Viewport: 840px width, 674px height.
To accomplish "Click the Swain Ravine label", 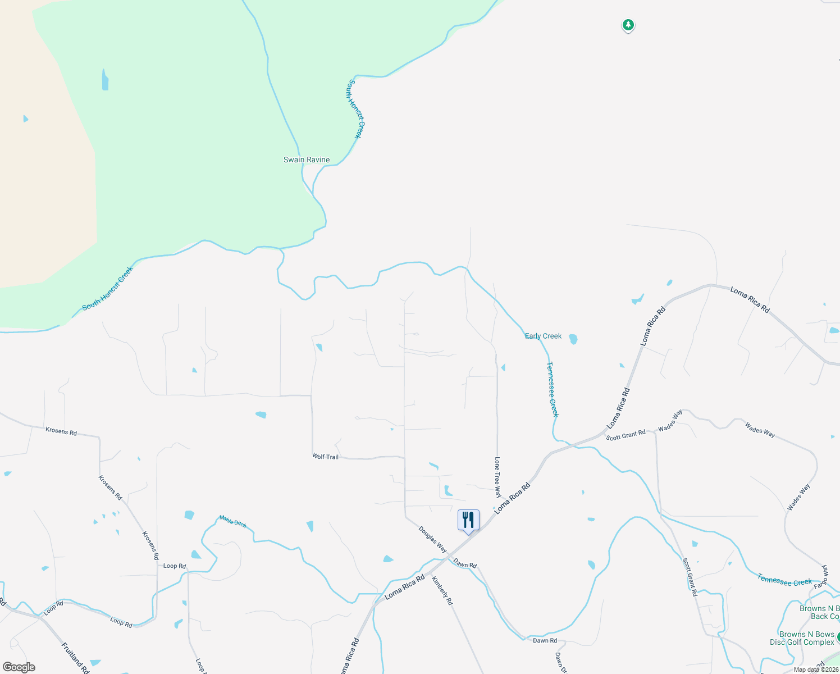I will coord(307,160).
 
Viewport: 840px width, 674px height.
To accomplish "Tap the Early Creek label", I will coord(543,336).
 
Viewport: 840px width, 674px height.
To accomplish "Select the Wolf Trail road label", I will coord(326,457).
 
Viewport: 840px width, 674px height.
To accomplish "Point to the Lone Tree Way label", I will coord(497,477).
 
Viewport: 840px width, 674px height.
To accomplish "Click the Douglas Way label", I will coord(432,539).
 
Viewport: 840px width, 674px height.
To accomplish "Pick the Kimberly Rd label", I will coord(442,590).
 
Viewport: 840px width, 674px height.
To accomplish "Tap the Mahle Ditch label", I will coord(232,522).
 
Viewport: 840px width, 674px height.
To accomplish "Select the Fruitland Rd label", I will coord(75,658).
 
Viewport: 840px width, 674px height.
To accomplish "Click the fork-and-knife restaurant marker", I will coord(468,520).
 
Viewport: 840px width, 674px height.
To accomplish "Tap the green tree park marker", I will coord(628,25).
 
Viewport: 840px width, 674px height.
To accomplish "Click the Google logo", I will coord(19,667).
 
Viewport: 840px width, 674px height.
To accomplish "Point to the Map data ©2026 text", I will coord(815,670).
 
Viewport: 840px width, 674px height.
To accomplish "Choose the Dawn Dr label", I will coord(560,662).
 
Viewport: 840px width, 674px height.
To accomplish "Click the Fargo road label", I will coord(820,585).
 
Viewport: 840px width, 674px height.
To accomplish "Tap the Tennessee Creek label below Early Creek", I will coord(553,389).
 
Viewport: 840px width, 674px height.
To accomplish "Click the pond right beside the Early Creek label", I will coord(573,339).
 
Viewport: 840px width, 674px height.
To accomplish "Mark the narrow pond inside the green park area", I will coord(105,80).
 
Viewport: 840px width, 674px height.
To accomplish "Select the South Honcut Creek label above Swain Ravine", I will coord(355,108).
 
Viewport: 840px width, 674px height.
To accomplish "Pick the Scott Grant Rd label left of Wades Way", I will coord(626,435).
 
